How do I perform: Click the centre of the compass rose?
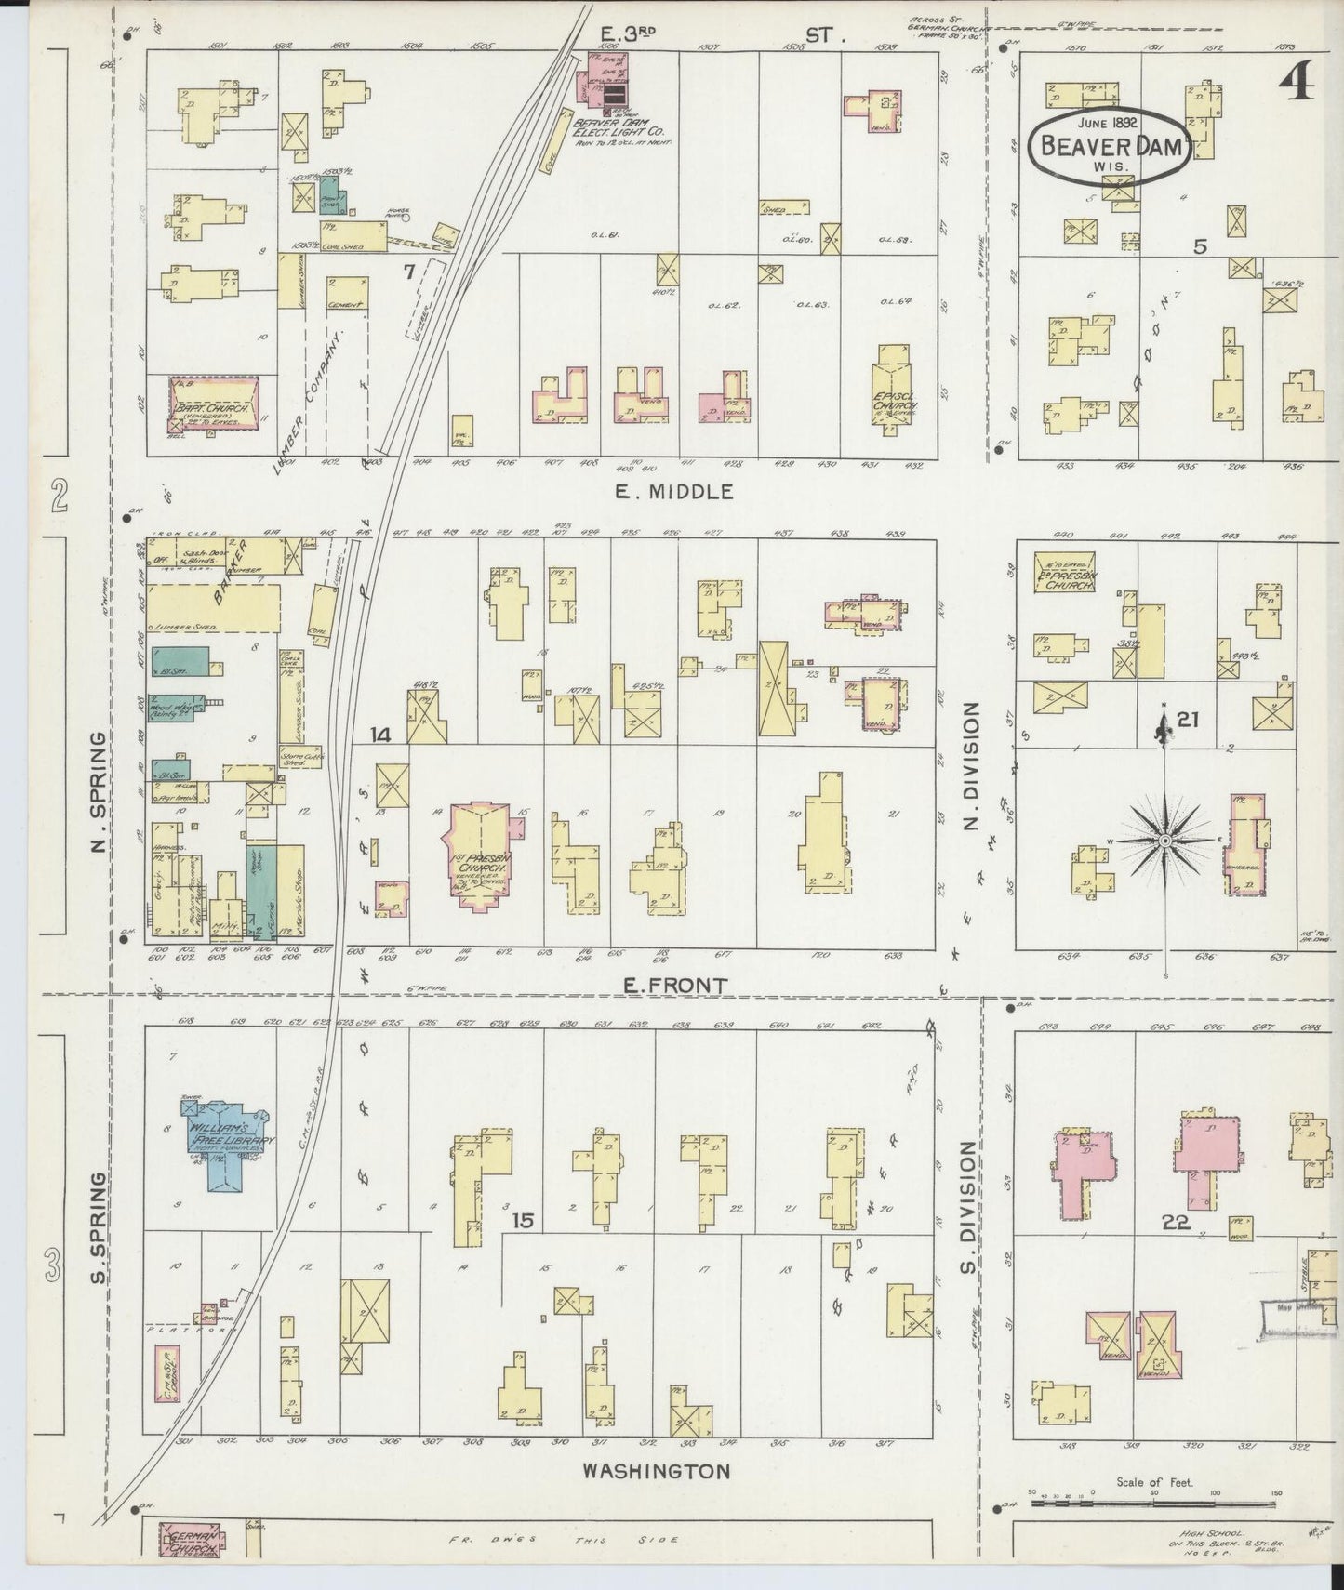(x=1164, y=841)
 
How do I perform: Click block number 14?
(x=380, y=735)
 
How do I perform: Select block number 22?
(x=1176, y=1223)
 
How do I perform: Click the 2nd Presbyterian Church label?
(x=1066, y=579)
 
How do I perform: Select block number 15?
(x=523, y=1219)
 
